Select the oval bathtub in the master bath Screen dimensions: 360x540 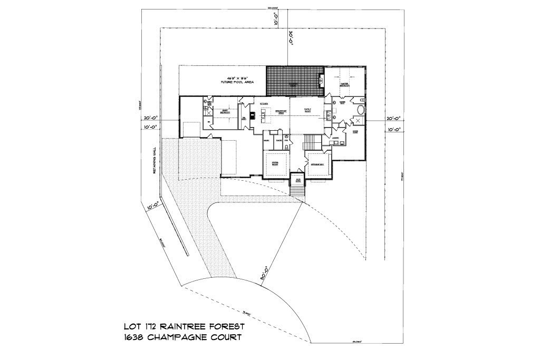pyautogui.click(x=360, y=111)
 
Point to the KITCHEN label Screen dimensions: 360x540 pyautogui.click(x=264, y=104)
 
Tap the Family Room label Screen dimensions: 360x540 pyautogui.click(x=307, y=110)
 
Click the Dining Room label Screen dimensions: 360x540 pyautogui.click(x=275, y=164)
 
